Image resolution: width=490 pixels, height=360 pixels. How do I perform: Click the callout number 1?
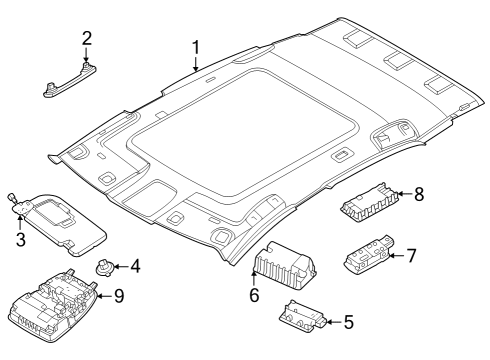(196, 48)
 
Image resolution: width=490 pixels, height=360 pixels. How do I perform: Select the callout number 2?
(86, 39)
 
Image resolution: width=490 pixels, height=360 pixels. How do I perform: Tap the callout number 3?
(21, 239)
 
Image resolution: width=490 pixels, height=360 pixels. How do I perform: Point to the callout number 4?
(135, 266)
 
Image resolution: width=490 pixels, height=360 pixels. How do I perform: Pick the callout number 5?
(348, 322)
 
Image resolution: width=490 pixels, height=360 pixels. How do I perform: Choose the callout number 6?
(254, 295)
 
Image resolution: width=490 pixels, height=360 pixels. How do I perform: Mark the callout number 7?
(412, 256)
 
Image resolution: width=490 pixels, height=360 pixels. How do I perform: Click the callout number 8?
(419, 194)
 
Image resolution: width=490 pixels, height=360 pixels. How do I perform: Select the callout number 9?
(119, 296)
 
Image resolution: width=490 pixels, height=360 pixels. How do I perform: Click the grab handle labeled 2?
(70, 80)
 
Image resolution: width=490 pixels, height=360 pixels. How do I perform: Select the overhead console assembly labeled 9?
(53, 305)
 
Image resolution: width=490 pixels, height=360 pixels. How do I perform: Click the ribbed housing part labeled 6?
(285, 266)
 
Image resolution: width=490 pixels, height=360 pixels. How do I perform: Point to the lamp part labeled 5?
(303, 316)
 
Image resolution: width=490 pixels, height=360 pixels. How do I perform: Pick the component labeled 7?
(369, 254)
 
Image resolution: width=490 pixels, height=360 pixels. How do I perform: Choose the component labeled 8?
(369, 202)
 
